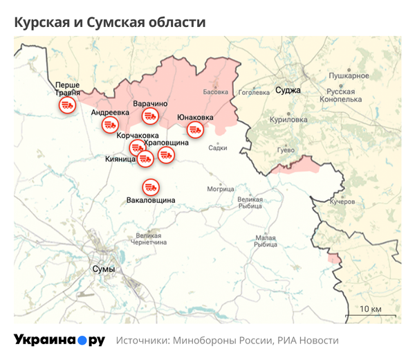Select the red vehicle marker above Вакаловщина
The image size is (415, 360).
(x=151, y=187)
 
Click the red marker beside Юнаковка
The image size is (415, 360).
(x=196, y=129)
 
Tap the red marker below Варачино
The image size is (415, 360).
(x=150, y=118)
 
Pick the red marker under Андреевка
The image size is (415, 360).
(x=109, y=125)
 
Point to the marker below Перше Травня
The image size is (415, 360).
(x=67, y=106)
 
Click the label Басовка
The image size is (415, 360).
(x=215, y=91)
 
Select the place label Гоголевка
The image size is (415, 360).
(x=252, y=91)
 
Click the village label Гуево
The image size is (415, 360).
(x=286, y=150)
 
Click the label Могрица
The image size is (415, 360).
(x=221, y=188)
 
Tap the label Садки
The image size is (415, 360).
(x=217, y=147)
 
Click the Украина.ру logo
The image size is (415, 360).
(x=59, y=340)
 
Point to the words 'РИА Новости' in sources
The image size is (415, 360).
(x=308, y=341)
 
